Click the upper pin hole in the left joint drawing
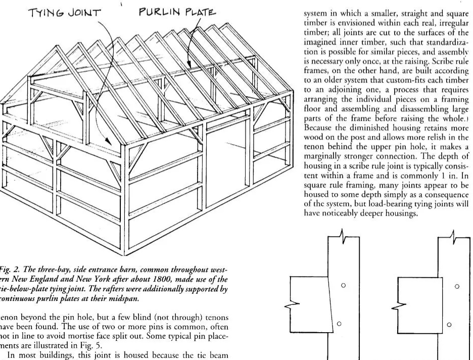343,286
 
